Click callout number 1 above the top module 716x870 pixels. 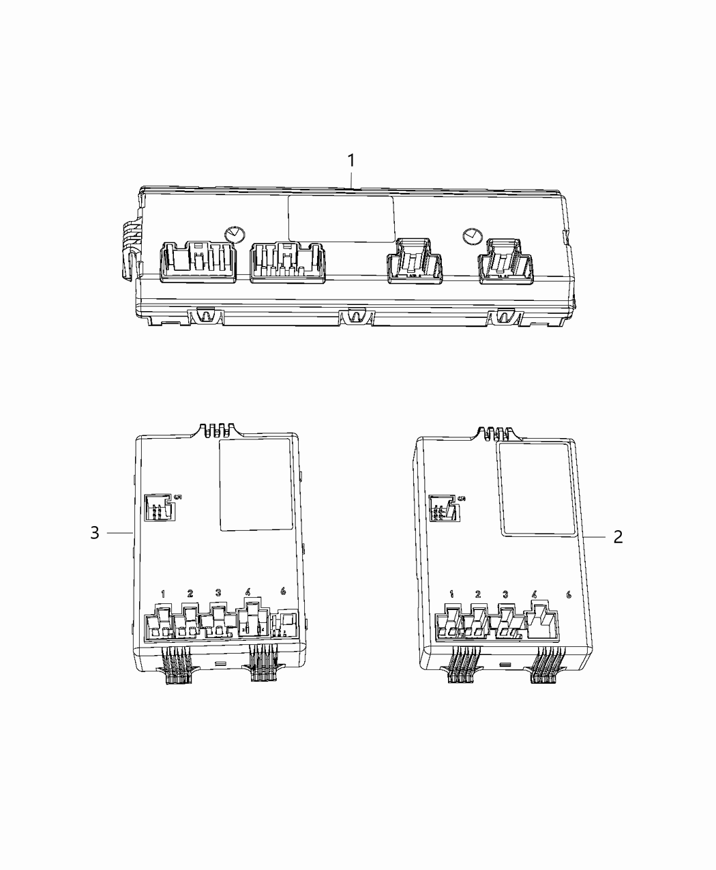click(351, 161)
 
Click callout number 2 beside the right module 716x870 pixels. click(618, 537)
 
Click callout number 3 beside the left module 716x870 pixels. click(95, 532)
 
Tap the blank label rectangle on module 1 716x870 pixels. click(341, 218)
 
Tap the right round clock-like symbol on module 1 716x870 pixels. click(469, 237)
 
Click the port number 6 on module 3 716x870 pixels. click(284, 592)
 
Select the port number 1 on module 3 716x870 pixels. click(163, 594)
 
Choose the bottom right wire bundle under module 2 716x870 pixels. click(548, 673)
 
